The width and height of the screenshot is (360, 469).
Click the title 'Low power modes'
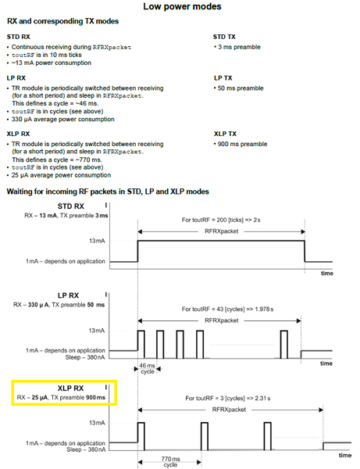182,6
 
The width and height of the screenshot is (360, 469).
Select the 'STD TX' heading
224,37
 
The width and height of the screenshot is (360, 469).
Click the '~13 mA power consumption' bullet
51,63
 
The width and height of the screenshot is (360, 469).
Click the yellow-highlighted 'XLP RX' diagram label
70,388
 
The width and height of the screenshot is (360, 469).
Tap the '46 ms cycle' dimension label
148,368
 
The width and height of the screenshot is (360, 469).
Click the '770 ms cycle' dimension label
170,461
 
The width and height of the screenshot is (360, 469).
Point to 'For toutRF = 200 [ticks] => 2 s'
221,220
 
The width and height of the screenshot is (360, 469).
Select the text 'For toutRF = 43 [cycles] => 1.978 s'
228,309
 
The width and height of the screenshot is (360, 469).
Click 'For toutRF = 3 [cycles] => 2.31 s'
228,398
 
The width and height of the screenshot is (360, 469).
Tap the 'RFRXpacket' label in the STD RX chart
221,231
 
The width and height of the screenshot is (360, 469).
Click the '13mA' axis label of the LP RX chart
97,331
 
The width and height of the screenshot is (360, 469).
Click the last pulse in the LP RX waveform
284,344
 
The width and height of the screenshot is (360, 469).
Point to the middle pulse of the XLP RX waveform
205,436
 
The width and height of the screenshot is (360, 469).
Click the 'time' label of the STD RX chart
327,274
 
